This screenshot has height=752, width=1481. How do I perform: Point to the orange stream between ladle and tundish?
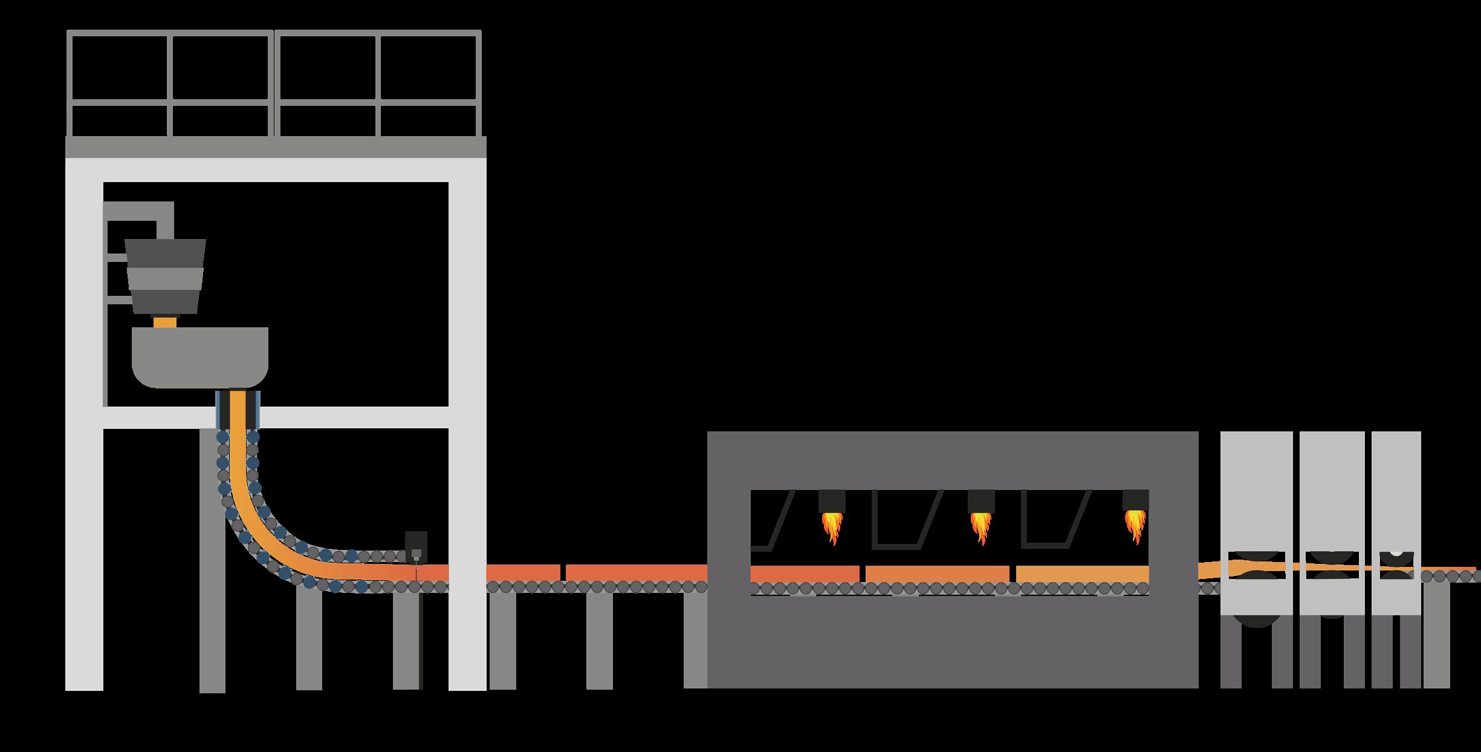click(164, 321)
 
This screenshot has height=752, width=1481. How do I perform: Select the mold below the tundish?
click(237, 409)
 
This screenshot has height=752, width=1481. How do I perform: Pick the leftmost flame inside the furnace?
click(832, 527)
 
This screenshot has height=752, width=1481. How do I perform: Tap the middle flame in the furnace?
click(980, 527)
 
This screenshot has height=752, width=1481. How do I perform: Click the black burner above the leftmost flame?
click(832, 501)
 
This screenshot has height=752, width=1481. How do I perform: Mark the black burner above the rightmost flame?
click(1135, 500)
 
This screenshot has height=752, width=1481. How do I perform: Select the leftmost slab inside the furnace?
click(804, 574)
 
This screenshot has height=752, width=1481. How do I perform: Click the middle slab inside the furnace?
click(937, 574)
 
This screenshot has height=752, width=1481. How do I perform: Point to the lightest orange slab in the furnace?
click(1082, 574)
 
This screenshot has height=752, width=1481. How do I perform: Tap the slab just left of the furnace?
click(636, 572)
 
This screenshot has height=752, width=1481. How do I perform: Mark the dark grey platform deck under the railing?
click(276, 147)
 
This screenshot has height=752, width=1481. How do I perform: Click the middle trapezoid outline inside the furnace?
click(907, 520)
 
